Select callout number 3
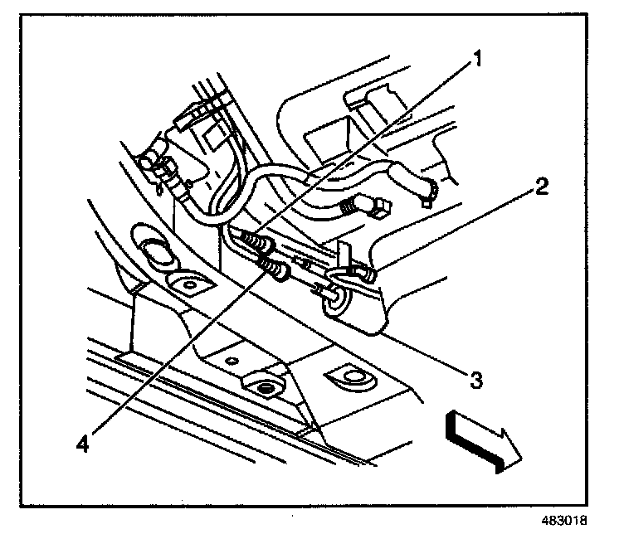[475, 381]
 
